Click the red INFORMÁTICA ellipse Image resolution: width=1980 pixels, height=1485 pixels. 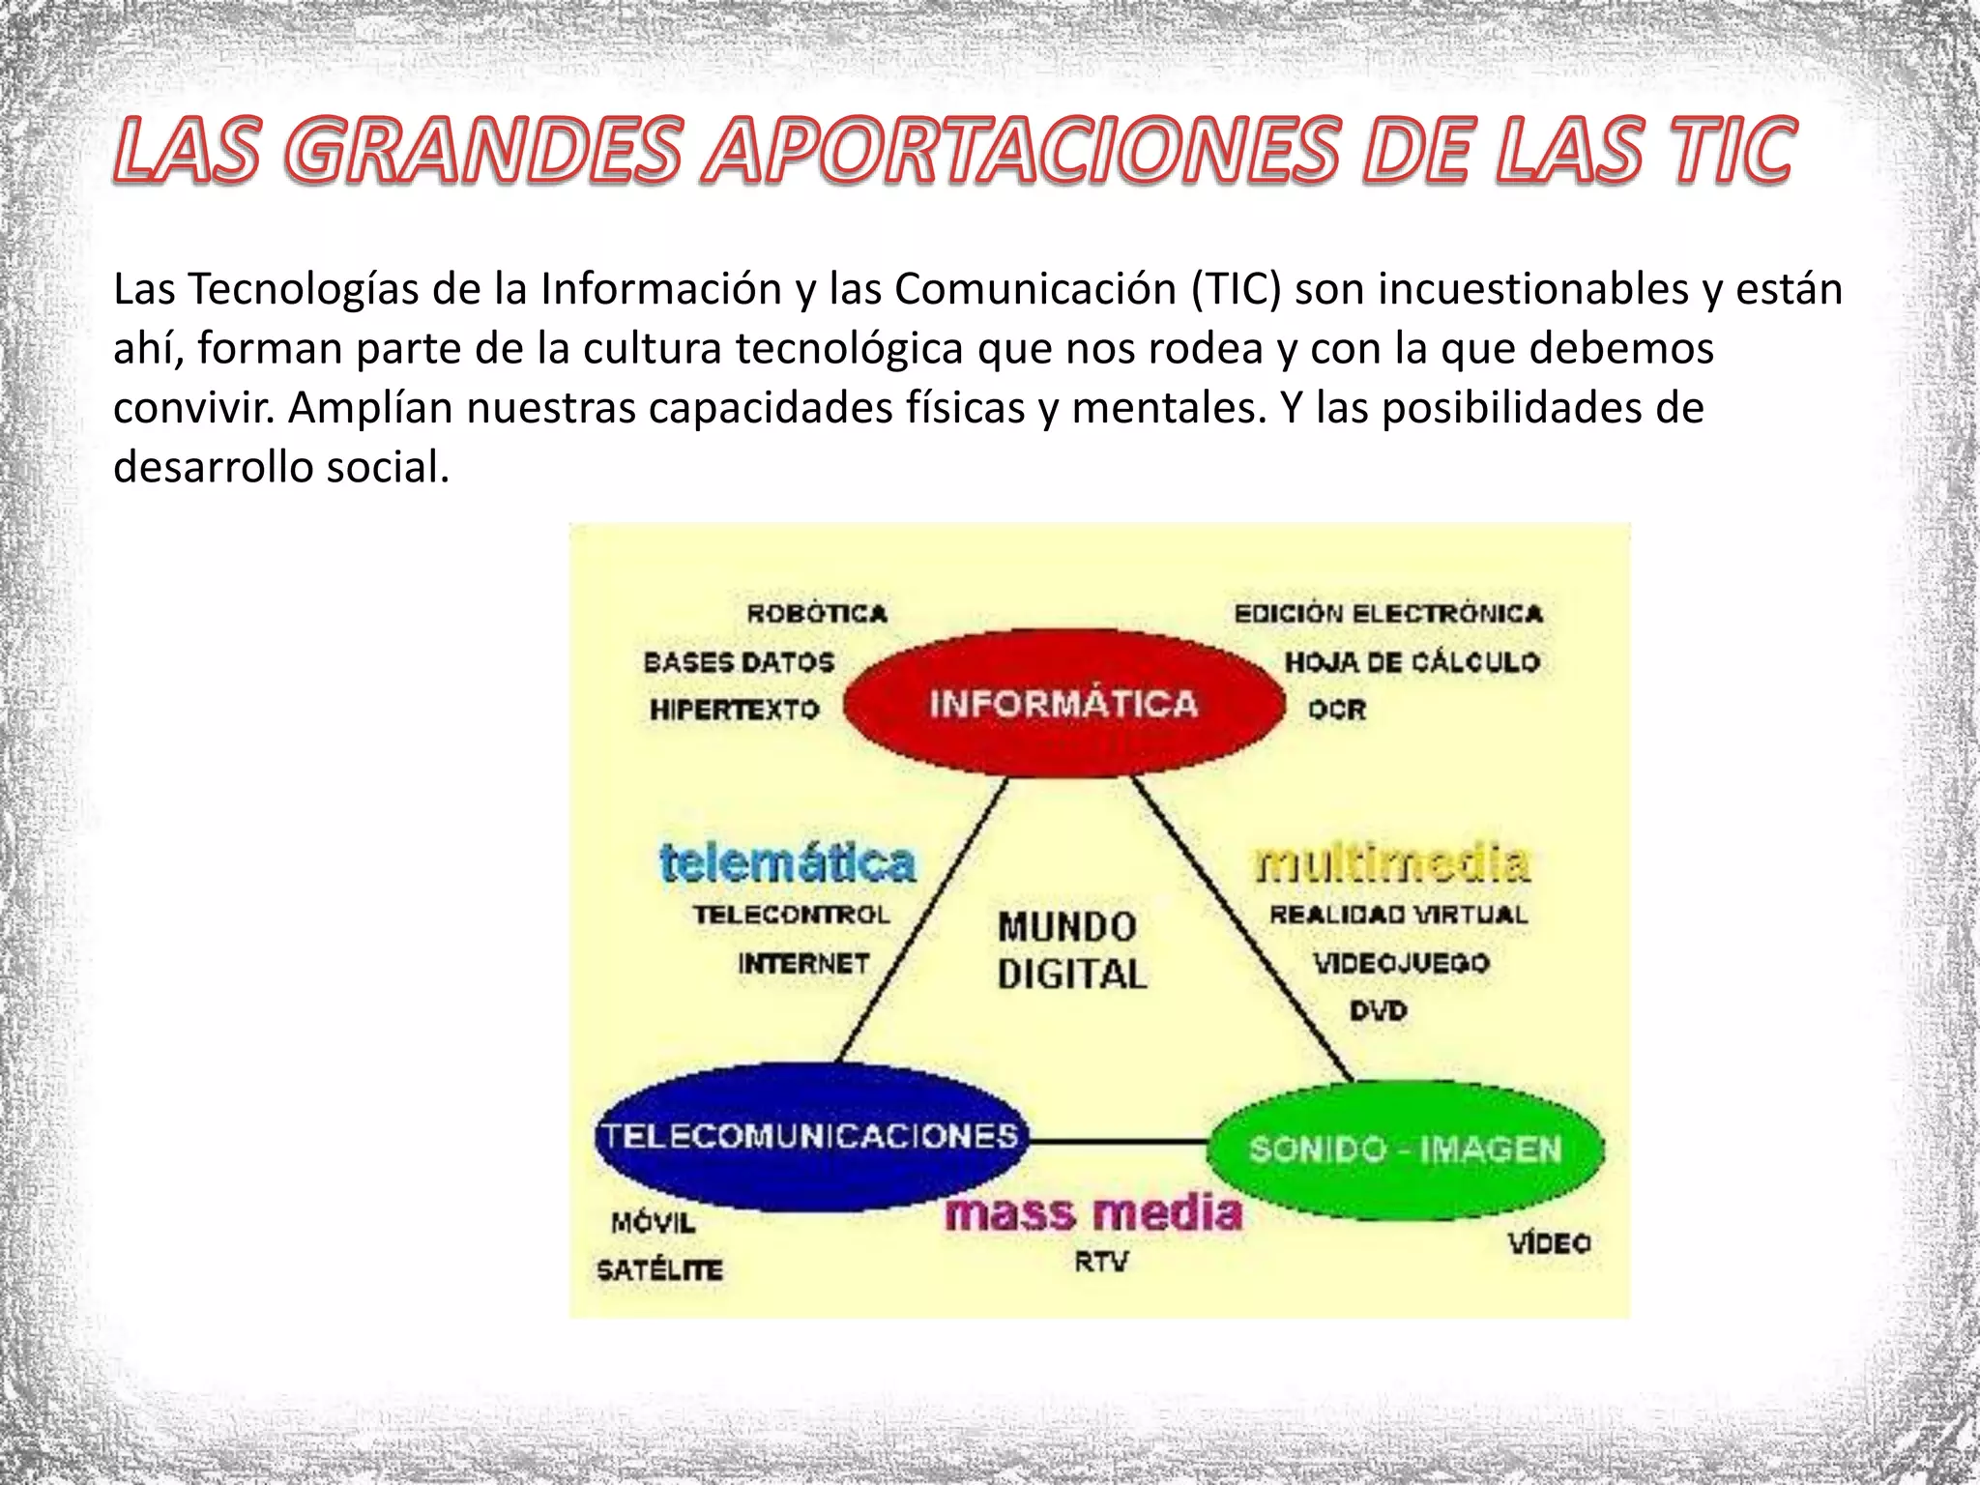tap(1063, 703)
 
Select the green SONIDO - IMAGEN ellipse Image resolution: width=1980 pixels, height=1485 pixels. tap(1405, 1150)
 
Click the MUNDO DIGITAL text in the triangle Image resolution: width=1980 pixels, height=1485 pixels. tap(1071, 950)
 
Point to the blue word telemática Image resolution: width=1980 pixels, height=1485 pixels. tap(787, 863)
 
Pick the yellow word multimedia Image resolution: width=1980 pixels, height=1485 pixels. tap(1392, 863)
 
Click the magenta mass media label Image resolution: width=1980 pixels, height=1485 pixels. tap(1093, 1213)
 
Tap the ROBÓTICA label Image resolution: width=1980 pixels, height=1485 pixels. tap(817, 614)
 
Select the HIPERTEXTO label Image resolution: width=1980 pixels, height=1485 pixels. tap(735, 710)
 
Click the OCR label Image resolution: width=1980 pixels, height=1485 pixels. tap(1337, 710)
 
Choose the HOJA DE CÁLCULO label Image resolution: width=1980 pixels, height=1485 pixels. tap(1412, 662)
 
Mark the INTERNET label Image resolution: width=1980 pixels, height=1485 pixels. tap(803, 964)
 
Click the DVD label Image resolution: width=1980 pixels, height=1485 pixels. tap(1379, 1011)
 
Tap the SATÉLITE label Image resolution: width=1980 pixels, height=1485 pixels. tap(659, 1269)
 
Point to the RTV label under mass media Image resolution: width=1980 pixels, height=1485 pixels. tap(1101, 1262)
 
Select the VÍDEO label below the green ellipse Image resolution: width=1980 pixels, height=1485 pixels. tap(1550, 1243)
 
